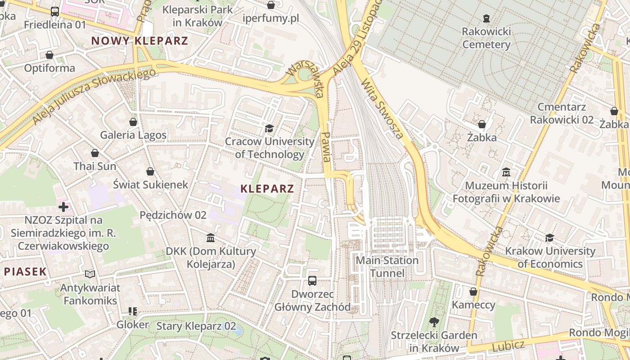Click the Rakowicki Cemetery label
(x=486, y=38)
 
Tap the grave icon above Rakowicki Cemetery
(x=486, y=18)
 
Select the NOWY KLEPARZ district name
(x=139, y=40)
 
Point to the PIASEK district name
(x=26, y=271)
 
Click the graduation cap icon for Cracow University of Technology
(x=269, y=129)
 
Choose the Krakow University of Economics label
(x=550, y=257)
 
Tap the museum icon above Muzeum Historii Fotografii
(x=506, y=172)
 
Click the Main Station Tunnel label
(x=387, y=266)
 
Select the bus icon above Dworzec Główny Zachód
(x=312, y=281)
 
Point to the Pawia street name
(x=327, y=147)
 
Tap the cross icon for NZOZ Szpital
(x=63, y=207)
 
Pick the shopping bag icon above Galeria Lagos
(x=133, y=122)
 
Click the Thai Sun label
(x=94, y=166)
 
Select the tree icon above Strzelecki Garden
(x=434, y=322)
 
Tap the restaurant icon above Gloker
(x=132, y=311)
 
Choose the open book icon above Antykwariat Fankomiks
(x=90, y=274)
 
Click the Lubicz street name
(x=508, y=346)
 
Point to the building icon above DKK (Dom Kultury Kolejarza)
(x=211, y=238)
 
